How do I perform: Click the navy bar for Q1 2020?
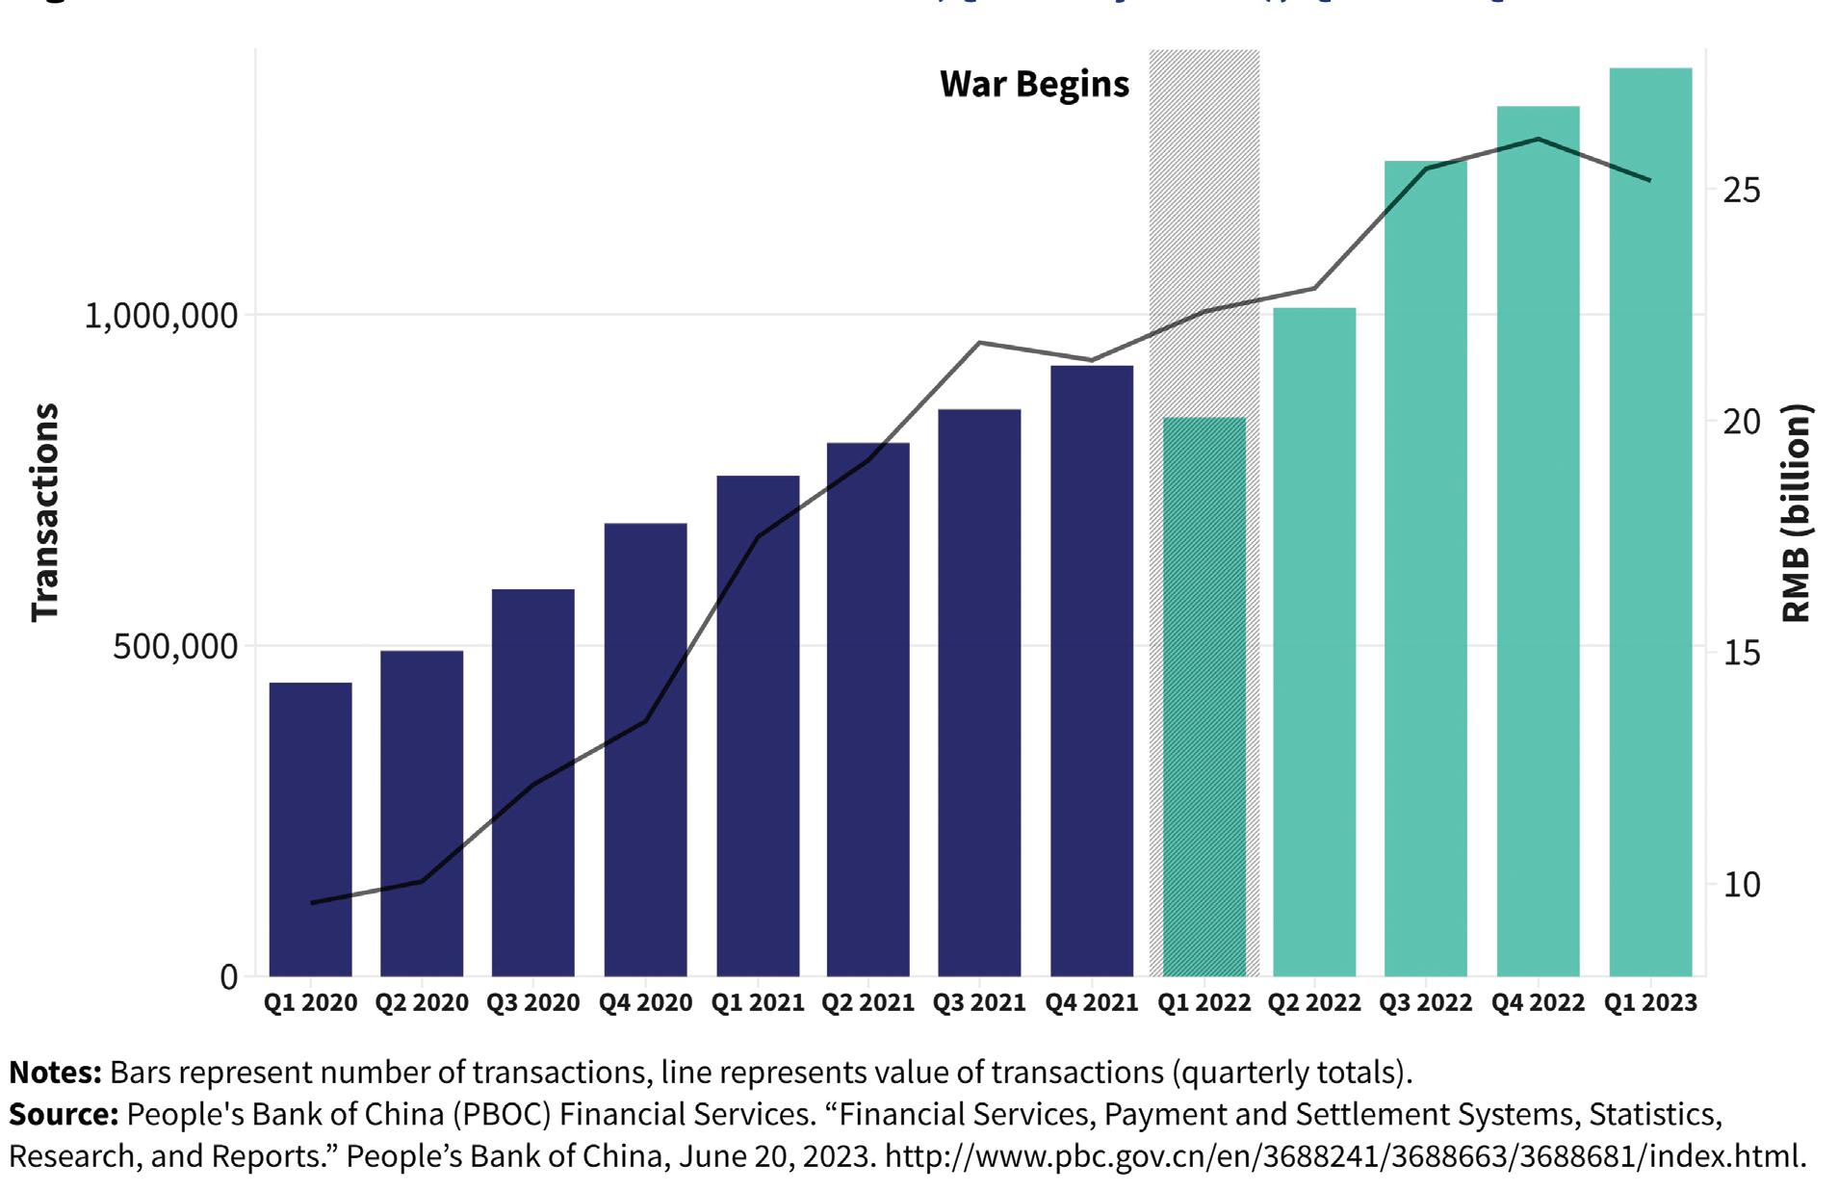point(310,829)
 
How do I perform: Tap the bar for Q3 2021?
point(979,692)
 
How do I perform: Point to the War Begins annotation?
point(1034,85)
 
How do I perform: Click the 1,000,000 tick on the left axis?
point(161,316)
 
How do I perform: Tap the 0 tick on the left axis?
point(228,977)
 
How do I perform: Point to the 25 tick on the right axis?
point(1741,191)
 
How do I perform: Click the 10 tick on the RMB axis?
point(1741,885)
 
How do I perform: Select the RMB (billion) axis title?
point(1796,512)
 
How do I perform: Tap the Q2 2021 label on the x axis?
point(867,1003)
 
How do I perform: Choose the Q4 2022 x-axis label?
point(1538,1003)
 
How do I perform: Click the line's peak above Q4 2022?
point(1538,140)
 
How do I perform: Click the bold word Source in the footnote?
point(62,1115)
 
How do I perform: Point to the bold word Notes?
point(55,1073)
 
